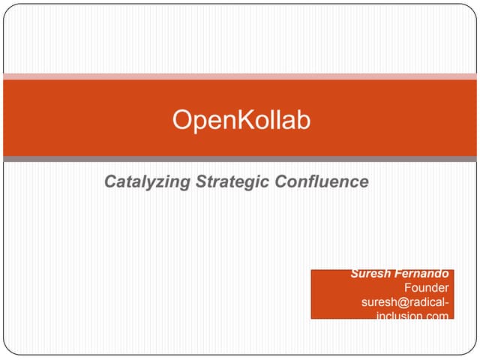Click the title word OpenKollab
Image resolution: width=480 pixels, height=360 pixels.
point(240,120)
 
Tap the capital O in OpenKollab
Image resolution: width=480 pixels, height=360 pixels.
point(181,120)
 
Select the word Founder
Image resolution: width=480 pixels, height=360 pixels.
point(426,288)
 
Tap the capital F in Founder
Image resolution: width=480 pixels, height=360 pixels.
point(408,288)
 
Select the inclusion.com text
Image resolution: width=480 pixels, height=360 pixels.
point(412,316)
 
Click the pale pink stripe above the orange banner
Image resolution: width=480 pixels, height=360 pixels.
point(240,76)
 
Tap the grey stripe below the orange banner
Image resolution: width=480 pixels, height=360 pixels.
point(240,159)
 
